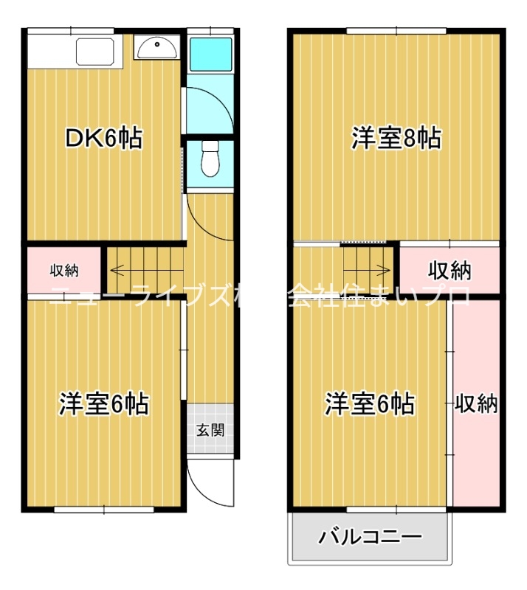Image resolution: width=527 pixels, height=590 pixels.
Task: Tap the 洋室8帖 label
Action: (396, 138)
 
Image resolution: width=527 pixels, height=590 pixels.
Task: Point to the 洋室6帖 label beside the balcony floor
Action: (369, 403)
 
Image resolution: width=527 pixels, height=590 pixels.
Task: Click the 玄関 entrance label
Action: (210, 429)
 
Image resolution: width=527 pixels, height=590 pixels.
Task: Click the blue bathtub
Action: (210, 52)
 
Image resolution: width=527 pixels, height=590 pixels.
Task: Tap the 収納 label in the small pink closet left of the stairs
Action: (65, 270)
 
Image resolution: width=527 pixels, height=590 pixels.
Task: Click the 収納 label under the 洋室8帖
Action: (450, 271)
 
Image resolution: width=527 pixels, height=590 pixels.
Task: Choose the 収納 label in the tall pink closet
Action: (476, 403)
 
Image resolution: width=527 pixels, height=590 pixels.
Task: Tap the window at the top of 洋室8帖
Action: (396, 30)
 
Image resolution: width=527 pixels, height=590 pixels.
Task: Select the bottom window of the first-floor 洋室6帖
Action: (103, 509)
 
